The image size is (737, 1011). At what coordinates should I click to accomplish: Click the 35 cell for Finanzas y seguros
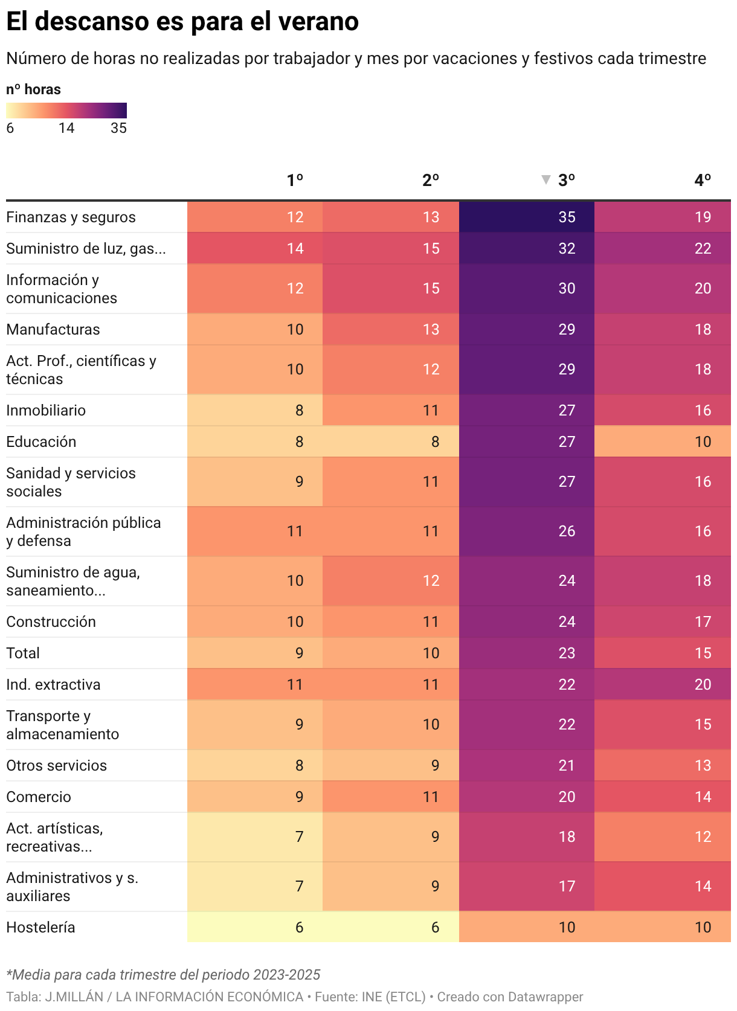point(526,217)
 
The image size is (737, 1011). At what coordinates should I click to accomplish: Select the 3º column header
point(566,180)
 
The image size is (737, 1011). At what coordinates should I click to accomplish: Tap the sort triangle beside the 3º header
point(546,179)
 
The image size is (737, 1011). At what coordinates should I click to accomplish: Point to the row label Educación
point(41,441)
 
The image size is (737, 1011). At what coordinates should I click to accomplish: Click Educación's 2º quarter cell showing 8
point(391,441)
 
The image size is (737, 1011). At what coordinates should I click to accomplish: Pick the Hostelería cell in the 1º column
point(255,927)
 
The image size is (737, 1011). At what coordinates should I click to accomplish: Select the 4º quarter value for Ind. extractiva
point(663,684)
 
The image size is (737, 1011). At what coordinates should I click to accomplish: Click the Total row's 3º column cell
point(526,653)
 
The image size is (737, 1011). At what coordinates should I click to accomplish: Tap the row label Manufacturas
point(53,329)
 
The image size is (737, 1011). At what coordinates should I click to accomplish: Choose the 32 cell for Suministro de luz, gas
point(526,248)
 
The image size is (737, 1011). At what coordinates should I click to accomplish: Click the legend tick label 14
point(66,127)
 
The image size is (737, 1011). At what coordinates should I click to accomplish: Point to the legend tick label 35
point(119,127)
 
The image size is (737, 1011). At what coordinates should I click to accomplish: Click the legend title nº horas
point(33,89)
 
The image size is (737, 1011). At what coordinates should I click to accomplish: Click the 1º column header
point(295,180)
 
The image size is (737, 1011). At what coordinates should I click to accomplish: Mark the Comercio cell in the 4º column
point(663,797)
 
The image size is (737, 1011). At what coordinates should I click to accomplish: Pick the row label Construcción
point(51,621)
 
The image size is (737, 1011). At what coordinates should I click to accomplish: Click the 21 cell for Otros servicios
point(526,765)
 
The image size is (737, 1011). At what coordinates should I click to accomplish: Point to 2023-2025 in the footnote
point(286,974)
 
